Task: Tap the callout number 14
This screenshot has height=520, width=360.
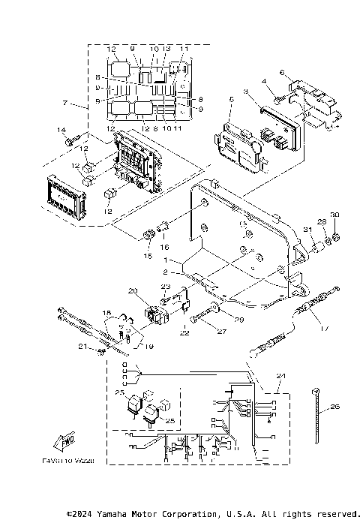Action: pyautogui.click(x=62, y=131)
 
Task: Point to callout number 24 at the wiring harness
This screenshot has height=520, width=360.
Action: pyautogui.click(x=281, y=375)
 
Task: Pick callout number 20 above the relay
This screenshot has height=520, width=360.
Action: pyautogui.click(x=132, y=290)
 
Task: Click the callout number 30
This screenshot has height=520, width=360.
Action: pyautogui.click(x=334, y=215)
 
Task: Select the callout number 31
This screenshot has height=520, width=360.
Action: pyautogui.click(x=306, y=229)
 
